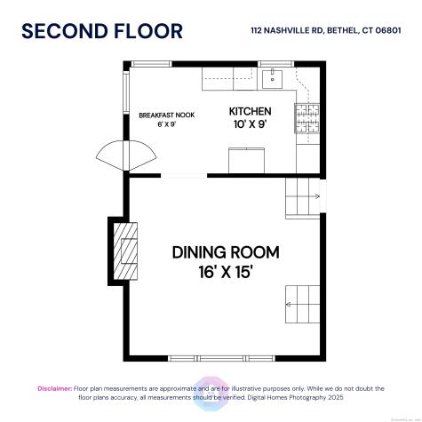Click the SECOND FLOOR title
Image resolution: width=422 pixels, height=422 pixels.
tap(101, 31)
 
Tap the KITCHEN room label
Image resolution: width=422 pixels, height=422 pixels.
tap(250, 111)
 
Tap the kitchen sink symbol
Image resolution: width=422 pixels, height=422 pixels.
tap(274, 77)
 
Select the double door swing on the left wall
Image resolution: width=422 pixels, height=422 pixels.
tap(115, 158)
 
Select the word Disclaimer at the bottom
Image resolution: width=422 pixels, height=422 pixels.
tap(53, 388)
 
